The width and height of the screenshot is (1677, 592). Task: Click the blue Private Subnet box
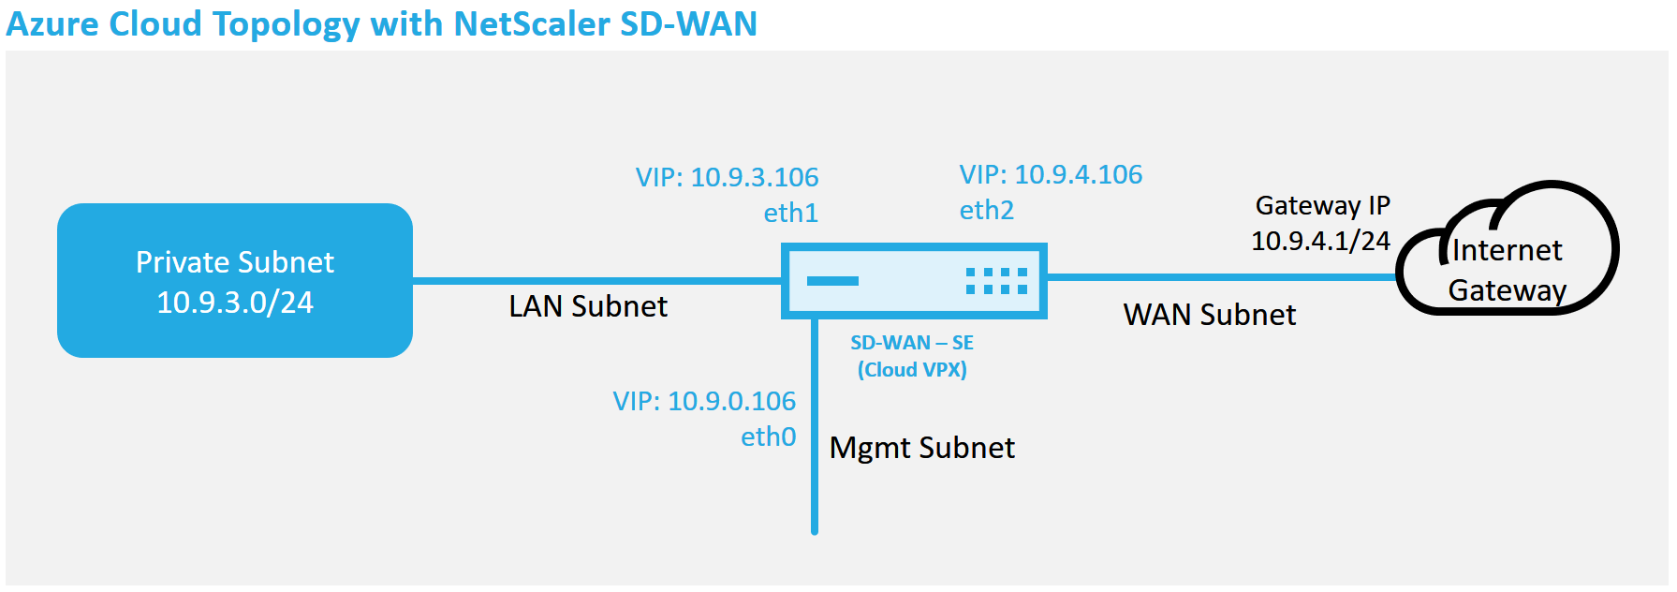coord(235,280)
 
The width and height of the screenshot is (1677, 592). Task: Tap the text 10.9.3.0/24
coord(235,303)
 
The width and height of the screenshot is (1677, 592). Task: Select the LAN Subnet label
coord(588,306)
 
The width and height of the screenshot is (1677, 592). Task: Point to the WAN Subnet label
coord(1210,315)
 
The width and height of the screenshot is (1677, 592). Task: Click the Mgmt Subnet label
coord(922,448)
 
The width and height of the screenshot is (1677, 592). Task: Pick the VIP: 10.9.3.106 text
coord(728,177)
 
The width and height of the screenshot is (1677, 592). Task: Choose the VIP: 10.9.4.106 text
coord(1052,174)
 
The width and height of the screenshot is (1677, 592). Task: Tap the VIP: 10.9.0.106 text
coord(704,401)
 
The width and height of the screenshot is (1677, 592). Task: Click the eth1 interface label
coord(791,214)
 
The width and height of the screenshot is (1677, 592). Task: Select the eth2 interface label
coord(987,210)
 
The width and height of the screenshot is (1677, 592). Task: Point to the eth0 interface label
coord(769,437)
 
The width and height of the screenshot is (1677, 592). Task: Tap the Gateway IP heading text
coord(1323,205)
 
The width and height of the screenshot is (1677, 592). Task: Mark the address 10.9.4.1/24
coord(1321,241)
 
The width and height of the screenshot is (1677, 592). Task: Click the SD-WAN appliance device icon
coord(914,281)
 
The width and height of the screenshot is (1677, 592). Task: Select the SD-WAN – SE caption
coord(912,343)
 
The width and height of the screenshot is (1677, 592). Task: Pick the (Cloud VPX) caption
coord(912,370)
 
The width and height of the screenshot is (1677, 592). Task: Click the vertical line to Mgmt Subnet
coord(815,427)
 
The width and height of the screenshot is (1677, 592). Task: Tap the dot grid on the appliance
coord(997,281)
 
